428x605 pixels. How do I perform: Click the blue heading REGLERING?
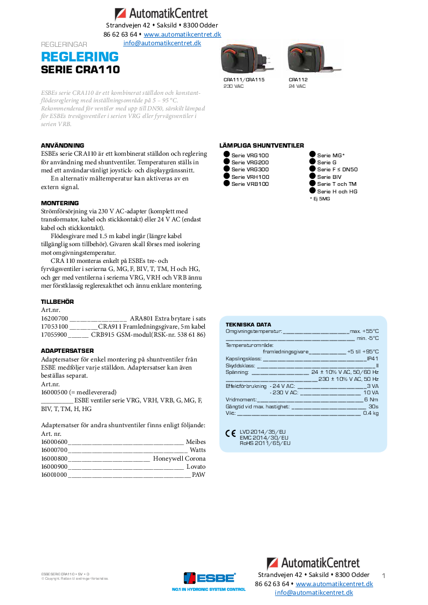(x=80, y=57)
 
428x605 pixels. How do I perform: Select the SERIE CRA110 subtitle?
(x=80, y=69)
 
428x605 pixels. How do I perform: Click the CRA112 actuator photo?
(x=308, y=60)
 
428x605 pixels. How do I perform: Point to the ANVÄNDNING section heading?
(x=63, y=145)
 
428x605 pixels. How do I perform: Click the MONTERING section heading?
(x=60, y=203)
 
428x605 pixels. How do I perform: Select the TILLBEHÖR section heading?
(x=57, y=302)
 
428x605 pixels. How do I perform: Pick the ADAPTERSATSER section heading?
(x=67, y=351)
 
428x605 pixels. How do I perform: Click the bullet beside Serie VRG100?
(x=227, y=155)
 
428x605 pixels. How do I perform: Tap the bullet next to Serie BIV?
(x=313, y=176)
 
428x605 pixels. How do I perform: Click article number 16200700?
(x=54, y=319)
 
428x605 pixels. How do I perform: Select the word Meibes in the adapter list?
(x=196, y=442)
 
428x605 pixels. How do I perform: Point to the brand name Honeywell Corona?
(x=179, y=458)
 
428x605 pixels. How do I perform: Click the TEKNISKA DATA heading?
(x=248, y=325)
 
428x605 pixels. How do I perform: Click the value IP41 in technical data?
(x=372, y=358)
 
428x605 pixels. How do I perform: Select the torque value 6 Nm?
(x=371, y=400)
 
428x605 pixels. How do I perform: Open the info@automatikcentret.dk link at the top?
(x=162, y=43)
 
